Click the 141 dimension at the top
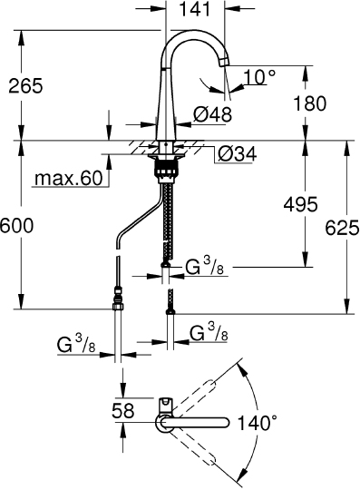coord(195,9)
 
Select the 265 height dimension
coord(25,85)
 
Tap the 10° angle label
coord(259,76)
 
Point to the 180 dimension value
coord(310,103)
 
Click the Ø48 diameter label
coord(212,114)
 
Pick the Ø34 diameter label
coord(238,153)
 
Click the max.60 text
coord(69,178)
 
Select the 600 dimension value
coord(16,225)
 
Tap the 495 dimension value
coord(300,204)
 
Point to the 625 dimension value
coord(342,228)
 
